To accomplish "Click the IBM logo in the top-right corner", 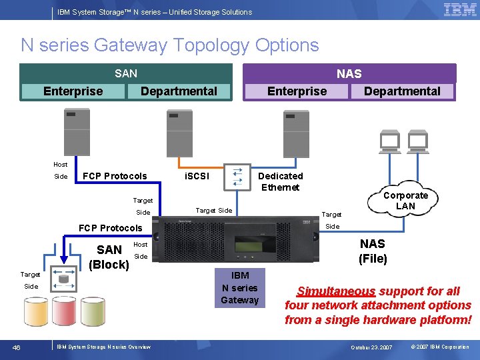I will point(460,10).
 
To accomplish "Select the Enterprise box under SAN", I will point(73,91).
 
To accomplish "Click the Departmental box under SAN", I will point(179,91).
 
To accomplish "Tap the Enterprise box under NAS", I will point(297,91).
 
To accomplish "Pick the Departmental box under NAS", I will point(402,91).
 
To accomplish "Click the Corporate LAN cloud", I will point(405,201).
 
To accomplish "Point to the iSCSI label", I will point(196,176).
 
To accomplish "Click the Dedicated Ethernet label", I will point(280,181).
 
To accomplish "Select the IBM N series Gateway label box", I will point(240,288).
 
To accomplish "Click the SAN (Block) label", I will point(109,257).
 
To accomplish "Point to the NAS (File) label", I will point(373,251).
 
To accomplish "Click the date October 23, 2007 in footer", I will point(372,347).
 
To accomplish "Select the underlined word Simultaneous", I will point(336,291).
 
